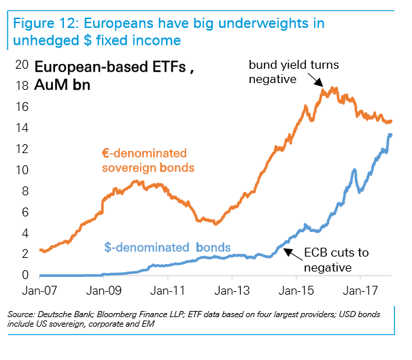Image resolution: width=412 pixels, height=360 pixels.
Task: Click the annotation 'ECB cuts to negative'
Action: (x=335, y=260)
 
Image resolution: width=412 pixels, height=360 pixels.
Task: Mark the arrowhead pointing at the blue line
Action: (x=285, y=251)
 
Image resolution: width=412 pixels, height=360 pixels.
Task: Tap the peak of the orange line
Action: (x=333, y=88)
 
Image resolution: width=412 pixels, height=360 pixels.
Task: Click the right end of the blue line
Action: (x=391, y=135)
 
